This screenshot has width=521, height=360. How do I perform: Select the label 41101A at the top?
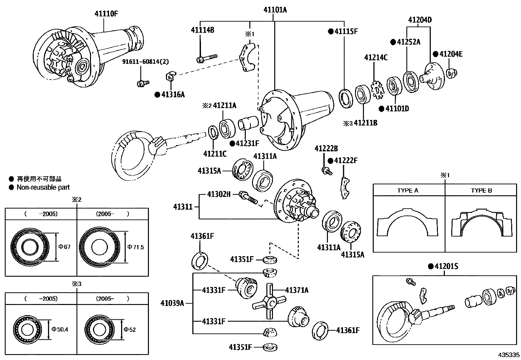(x=275, y=10)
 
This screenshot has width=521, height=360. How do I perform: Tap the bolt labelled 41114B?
(x=207, y=58)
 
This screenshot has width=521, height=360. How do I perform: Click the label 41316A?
(x=173, y=95)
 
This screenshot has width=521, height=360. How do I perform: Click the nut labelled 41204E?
(x=452, y=73)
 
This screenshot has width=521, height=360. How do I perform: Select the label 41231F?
(x=247, y=143)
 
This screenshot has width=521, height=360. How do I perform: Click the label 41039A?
(x=172, y=303)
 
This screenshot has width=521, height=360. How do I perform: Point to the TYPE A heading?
(x=408, y=190)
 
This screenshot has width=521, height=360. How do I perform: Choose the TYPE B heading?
(x=481, y=190)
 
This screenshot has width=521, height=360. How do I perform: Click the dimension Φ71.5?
(x=135, y=247)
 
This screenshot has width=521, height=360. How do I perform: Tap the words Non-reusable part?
(x=43, y=187)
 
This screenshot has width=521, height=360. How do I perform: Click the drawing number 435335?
(x=509, y=355)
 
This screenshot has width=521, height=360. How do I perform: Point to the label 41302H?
(x=219, y=194)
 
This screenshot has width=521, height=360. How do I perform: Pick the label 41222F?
(x=346, y=161)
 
